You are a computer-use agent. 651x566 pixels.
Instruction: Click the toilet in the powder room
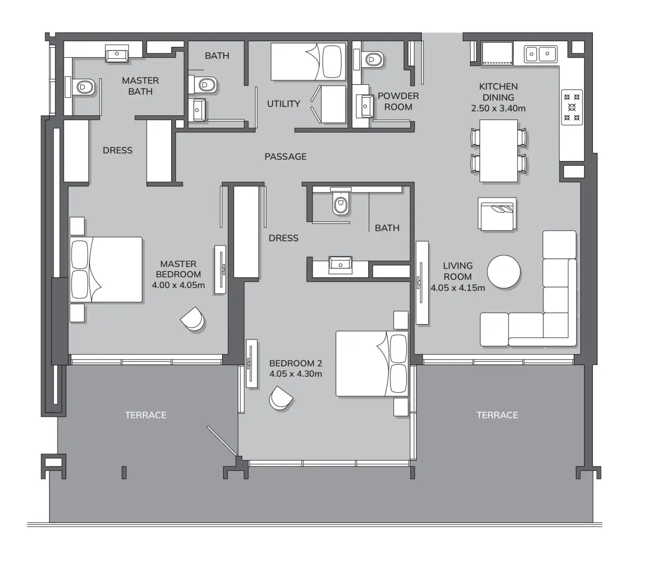[x=373, y=59]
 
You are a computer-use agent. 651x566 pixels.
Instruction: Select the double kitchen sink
[x=540, y=53]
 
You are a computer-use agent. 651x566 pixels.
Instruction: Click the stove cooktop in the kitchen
[x=572, y=108]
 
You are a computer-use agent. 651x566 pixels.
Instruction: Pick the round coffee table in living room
[x=503, y=272]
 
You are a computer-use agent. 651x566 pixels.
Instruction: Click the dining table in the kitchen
[x=498, y=150]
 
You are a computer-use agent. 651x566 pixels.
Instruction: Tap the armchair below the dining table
[x=497, y=214]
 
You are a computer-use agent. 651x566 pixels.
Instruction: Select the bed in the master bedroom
[x=106, y=270]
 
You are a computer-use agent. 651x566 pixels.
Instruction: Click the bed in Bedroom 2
[x=372, y=364]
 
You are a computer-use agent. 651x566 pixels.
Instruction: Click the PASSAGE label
[x=285, y=156]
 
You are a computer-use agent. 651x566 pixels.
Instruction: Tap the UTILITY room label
[x=283, y=104]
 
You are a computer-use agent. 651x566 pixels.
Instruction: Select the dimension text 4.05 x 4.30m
[x=296, y=374]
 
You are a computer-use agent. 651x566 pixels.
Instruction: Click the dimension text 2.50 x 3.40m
[x=498, y=109]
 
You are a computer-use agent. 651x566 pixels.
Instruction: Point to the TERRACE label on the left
[x=146, y=415]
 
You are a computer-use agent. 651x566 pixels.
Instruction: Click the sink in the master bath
[x=117, y=54]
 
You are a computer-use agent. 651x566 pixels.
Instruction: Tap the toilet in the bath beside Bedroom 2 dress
[x=340, y=204]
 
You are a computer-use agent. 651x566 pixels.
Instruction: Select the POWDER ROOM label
[x=398, y=101]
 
